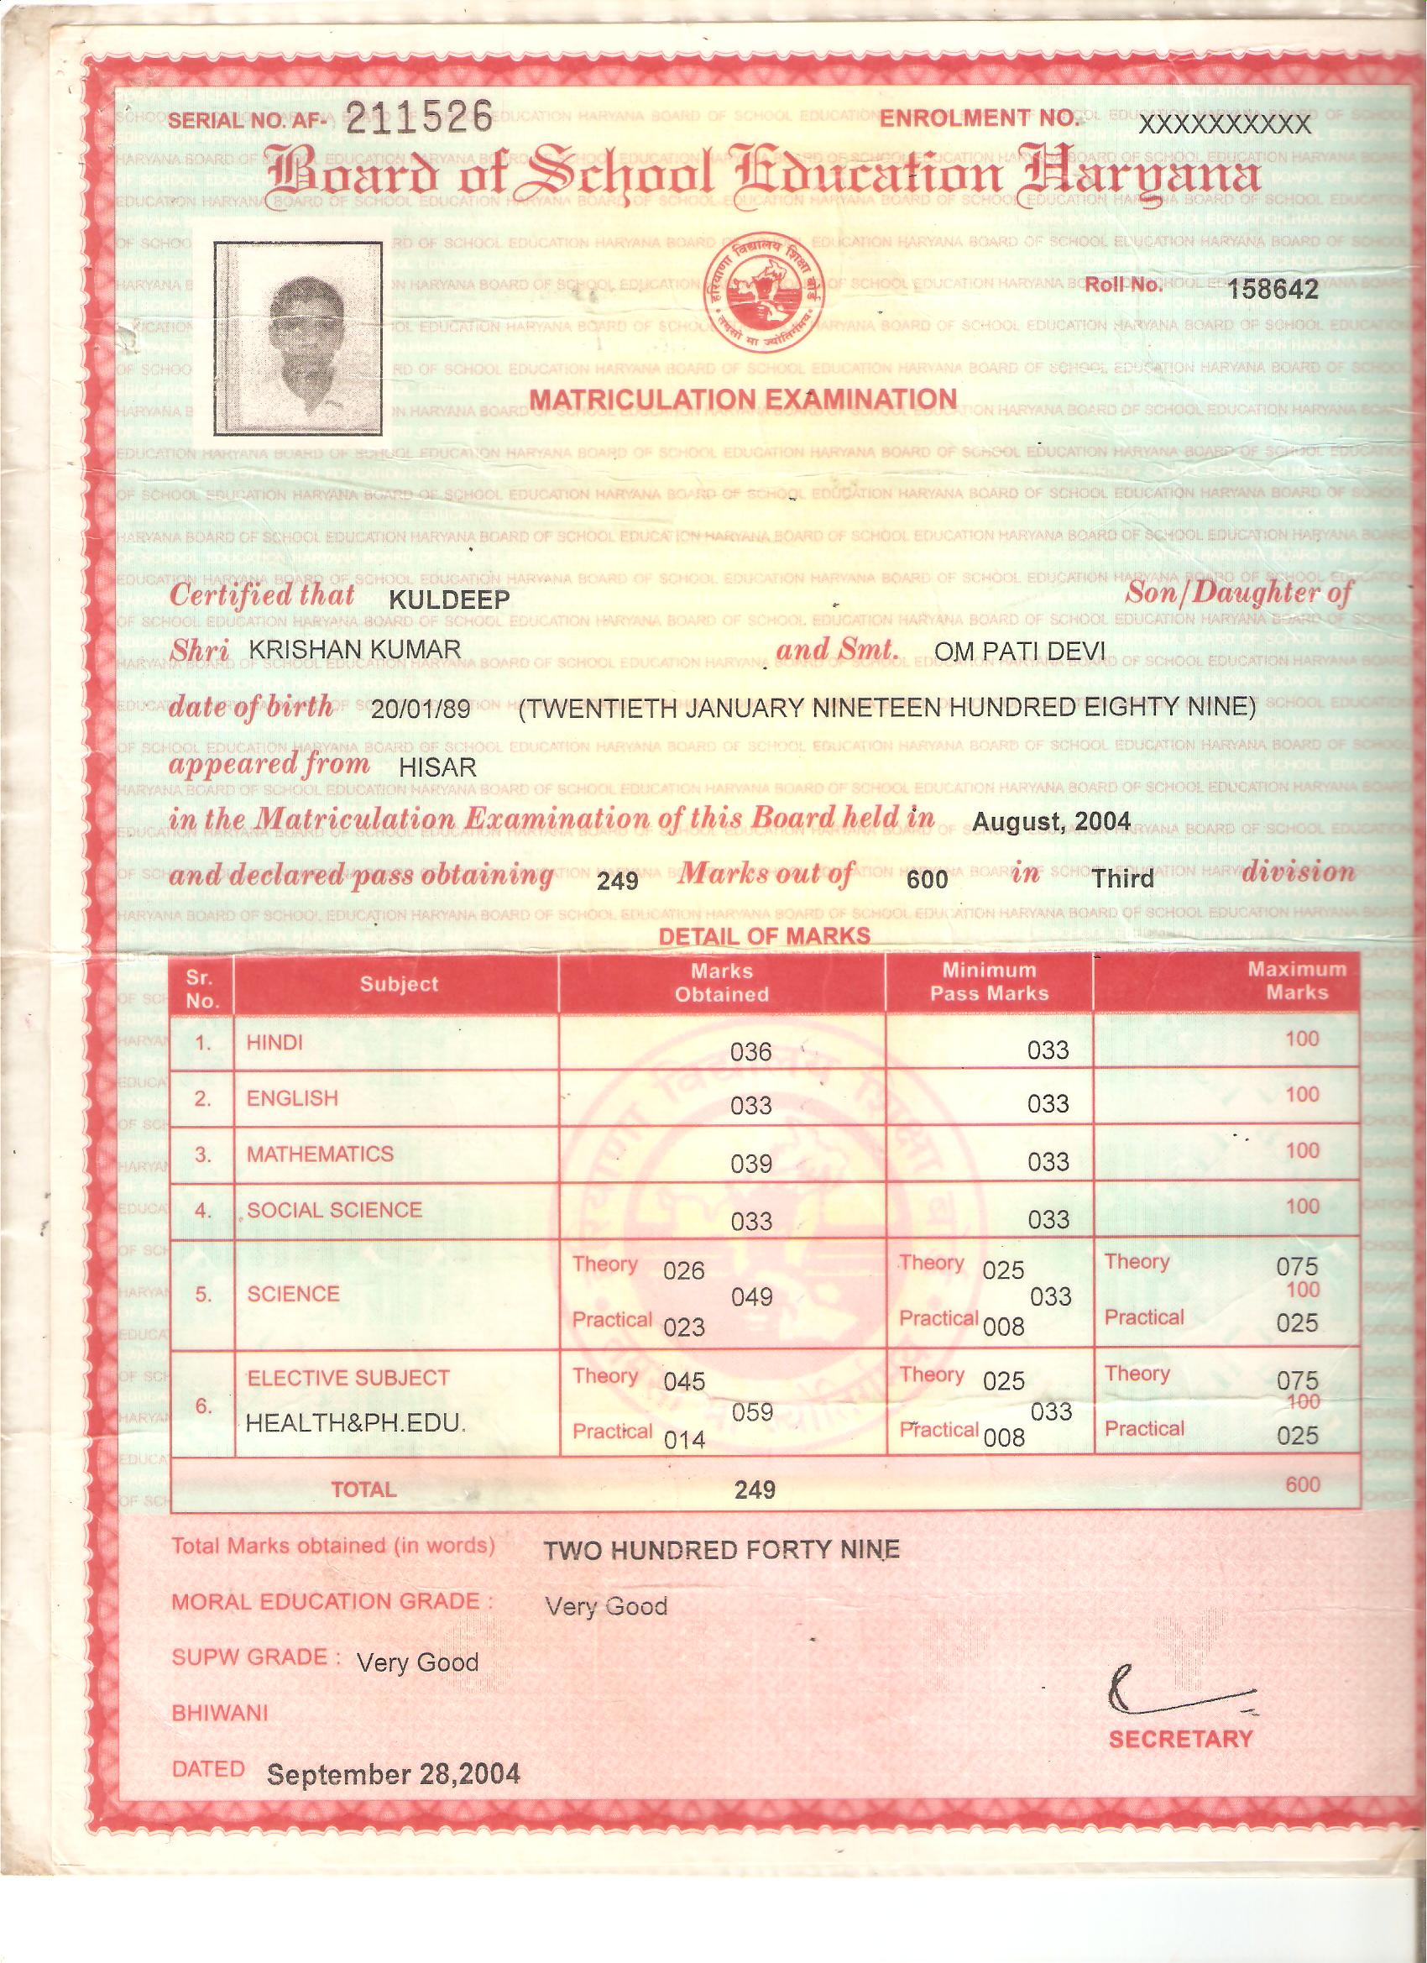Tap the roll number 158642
pos(1273,290)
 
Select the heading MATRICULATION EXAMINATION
pos(743,399)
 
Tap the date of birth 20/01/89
pos(420,709)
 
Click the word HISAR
pos(438,766)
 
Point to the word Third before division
pos(1123,879)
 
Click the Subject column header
pos(399,984)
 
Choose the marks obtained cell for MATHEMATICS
pos(750,1163)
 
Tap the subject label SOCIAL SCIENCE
pos(334,1210)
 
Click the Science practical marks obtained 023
pos(683,1327)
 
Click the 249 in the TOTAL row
pos(755,1489)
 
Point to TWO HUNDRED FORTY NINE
pos(721,1549)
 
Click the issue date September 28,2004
pos(393,1774)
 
